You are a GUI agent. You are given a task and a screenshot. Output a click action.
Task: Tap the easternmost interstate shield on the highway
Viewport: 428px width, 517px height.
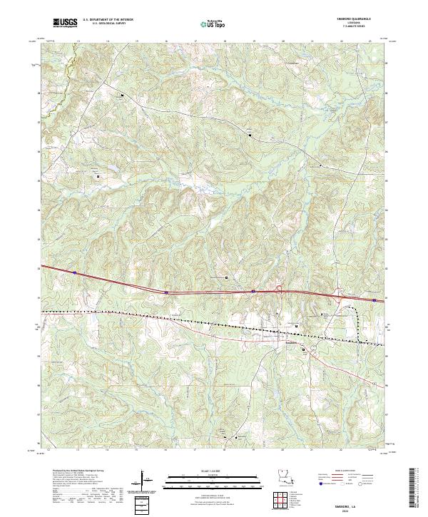coord(374,300)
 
